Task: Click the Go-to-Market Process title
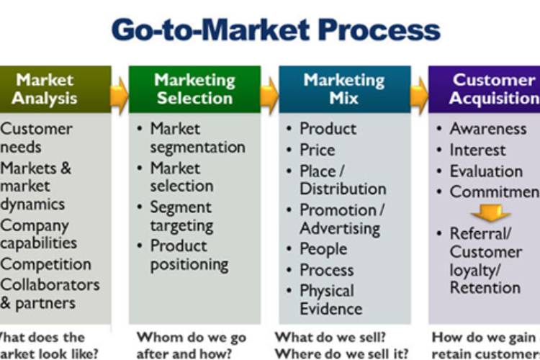[276, 30]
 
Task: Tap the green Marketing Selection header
[194, 89]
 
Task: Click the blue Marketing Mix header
[344, 89]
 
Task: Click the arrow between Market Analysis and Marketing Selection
[120, 90]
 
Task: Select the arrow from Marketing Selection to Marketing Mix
[269, 90]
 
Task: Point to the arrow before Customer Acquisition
[419, 90]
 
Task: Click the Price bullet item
[317, 150]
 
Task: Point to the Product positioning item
[189, 255]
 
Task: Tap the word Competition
[46, 264]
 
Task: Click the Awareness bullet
[487, 129]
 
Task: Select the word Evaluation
[486, 171]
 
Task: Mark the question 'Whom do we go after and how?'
[191, 345]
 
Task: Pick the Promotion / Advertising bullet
[341, 219]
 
